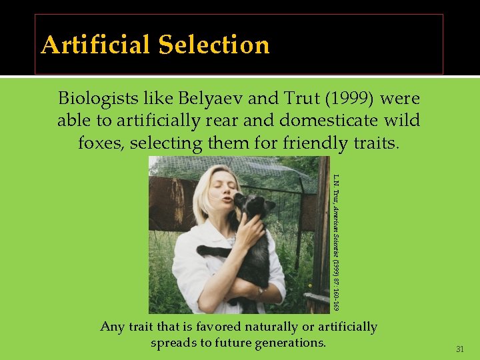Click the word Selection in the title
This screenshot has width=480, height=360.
point(214,45)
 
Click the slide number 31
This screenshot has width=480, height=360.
point(459,349)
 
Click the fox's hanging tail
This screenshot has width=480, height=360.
point(212,252)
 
